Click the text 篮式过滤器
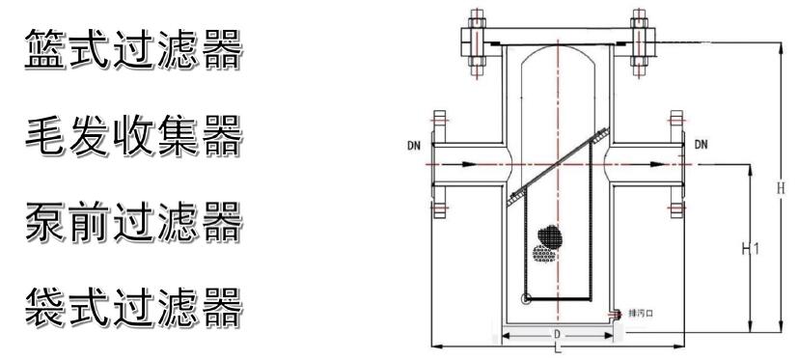133,49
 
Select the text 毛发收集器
133,135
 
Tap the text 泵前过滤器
133,221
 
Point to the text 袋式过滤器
133,308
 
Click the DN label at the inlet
414,146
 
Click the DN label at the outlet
701,145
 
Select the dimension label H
781,187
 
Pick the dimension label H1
750,249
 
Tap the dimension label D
558,335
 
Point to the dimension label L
559,349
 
